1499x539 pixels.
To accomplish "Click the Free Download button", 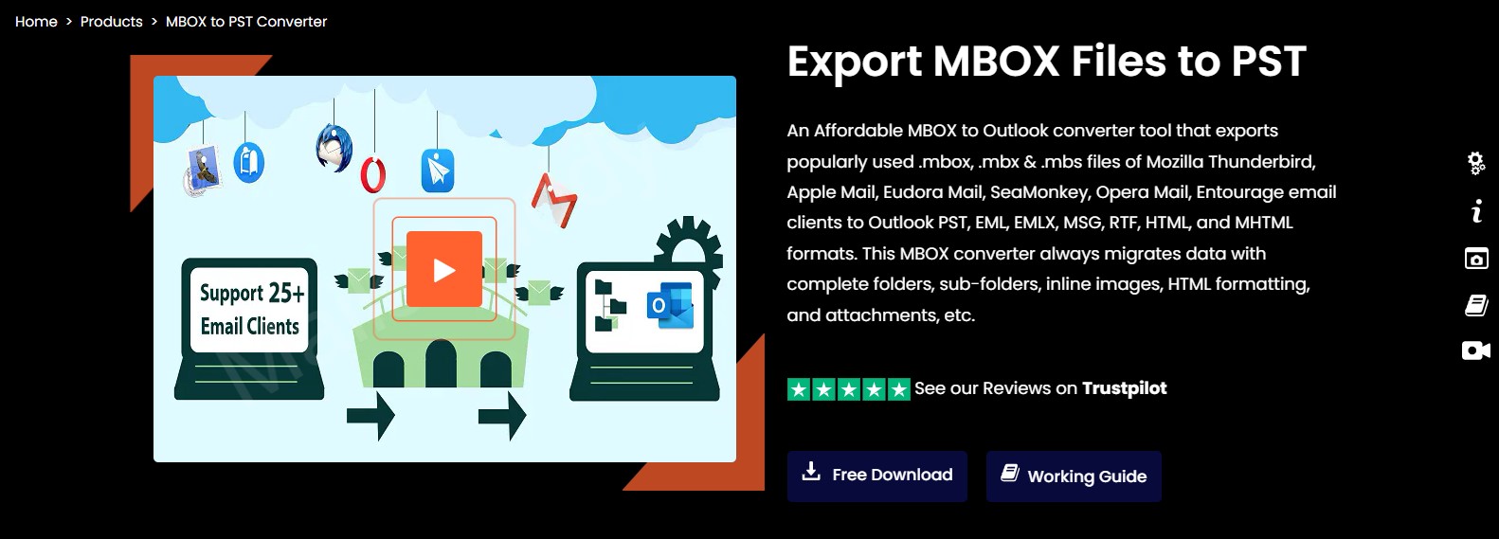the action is [x=876, y=476].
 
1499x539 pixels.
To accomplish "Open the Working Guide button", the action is [x=1074, y=476].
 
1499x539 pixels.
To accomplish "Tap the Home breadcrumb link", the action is [x=36, y=22].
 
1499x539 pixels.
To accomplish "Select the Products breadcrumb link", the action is [x=111, y=22].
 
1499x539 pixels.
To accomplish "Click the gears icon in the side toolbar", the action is [x=1475, y=163].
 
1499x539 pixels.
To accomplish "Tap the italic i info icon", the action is [x=1476, y=211].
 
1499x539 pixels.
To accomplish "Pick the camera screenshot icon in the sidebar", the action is [x=1476, y=258].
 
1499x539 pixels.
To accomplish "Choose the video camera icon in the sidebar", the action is [x=1476, y=350].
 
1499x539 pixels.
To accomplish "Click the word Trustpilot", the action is [x=1124, y=388].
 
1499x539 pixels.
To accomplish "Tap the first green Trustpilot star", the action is [x=799, y=389].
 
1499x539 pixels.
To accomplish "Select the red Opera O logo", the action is [x=372, y=175].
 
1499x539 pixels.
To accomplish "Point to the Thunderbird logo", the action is [x=334, y=148].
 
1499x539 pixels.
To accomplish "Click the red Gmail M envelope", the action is [x=554, y=199].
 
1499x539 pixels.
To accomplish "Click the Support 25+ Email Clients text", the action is [x=250, y=309].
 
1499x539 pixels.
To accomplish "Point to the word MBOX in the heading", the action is [x=996, y=62].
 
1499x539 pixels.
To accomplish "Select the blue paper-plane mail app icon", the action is [x=438, y=171].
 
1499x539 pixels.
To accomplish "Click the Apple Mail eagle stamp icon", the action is [x=202, y=170].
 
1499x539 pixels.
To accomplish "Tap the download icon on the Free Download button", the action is [x=811, y=472].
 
